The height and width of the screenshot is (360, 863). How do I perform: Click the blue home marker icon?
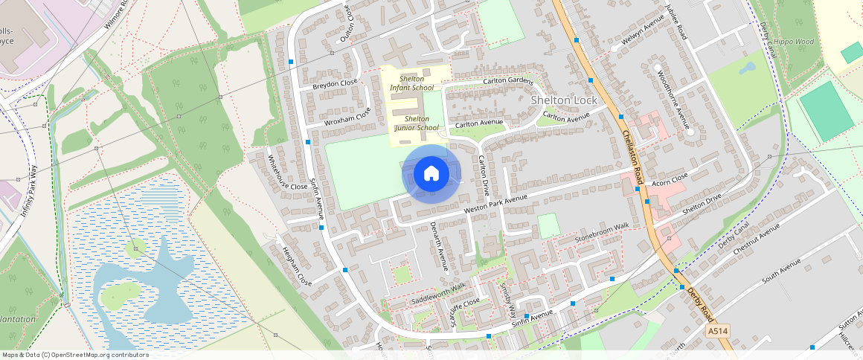coord(431,174)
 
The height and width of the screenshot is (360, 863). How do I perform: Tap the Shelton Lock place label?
coord(564,100)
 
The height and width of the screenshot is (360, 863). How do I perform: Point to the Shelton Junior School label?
coord(417,123)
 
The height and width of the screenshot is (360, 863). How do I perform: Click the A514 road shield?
coord(717,330)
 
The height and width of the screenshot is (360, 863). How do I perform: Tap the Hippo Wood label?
coord(794,42)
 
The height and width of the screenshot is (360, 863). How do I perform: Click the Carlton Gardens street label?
coord(508,80)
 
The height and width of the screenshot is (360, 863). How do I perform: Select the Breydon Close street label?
coord(335,84)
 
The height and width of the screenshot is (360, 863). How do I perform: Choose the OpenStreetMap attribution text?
coord(75,355)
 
